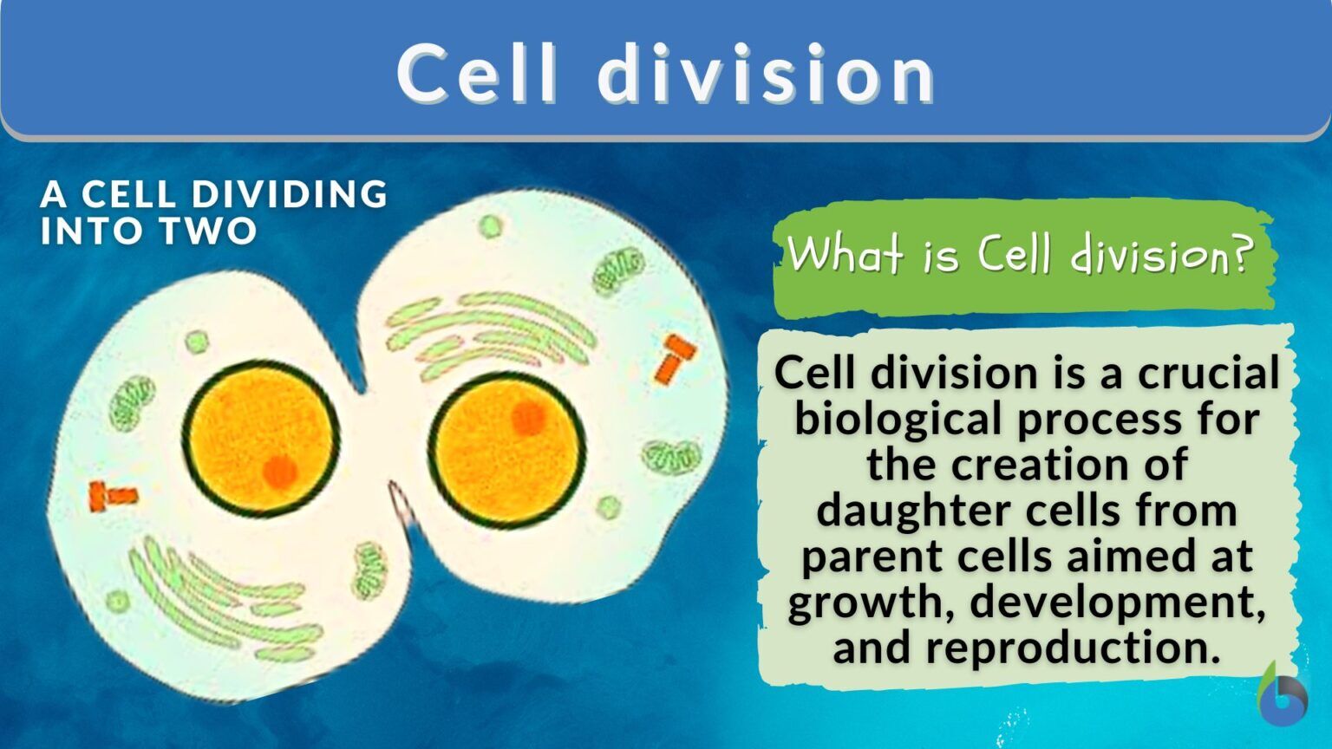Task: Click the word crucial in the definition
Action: click(1209, 374)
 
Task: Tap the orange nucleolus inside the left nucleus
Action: click(279, 472)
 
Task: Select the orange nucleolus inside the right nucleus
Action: click(527, 418)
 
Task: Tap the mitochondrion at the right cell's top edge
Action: click(618, 270)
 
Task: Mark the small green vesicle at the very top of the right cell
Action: click(491, 226)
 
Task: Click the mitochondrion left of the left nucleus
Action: click(132, 403)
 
